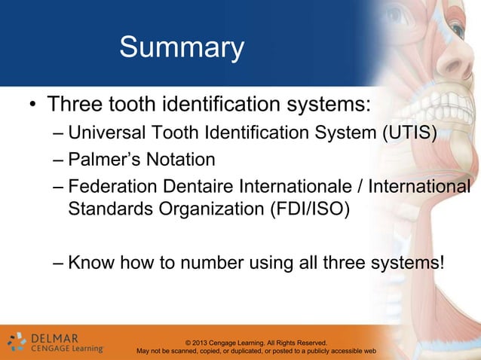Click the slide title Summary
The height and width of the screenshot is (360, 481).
[182, 49]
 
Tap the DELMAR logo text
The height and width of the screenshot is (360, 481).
[57, 337]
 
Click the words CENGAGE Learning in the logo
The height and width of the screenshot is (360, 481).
[66, 349]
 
